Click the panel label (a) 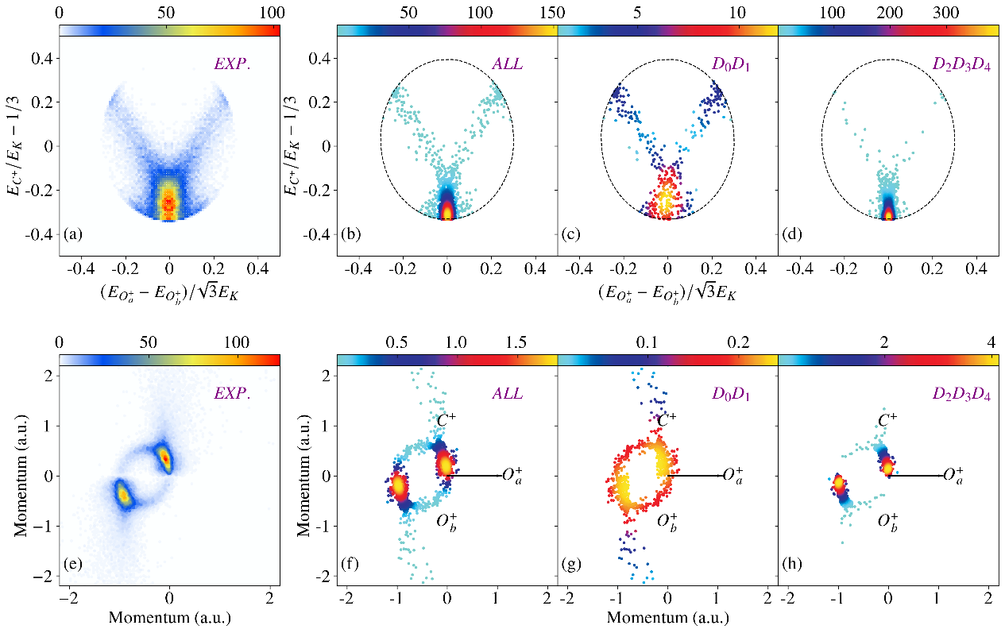72,235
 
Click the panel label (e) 72,565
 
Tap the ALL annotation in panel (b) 507,64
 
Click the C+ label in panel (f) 446,419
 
